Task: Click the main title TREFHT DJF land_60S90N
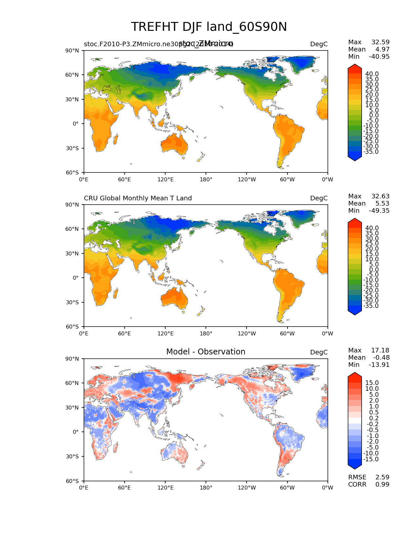pos(209,27)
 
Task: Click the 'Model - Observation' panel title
pos(206,352)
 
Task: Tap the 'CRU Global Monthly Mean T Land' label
pos(138,198)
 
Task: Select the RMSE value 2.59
pos(382,477)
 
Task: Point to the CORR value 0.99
pos(382,485)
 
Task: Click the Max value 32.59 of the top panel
pos(380,42)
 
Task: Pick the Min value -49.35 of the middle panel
pos(379,211)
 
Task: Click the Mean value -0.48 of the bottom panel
pos(381,358)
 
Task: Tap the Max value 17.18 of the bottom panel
pos(380,351)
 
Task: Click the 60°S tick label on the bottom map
pos(72,481)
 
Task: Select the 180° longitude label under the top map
pos(206,180)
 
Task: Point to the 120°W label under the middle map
pos(247,334)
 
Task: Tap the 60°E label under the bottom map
pos(125,488)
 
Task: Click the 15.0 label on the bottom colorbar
pos(372,383)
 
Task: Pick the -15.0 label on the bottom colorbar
pos(371,459)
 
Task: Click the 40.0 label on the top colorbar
pos(372,74)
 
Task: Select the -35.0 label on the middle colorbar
pos(371,306)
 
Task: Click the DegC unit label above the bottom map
pos(319,352)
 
